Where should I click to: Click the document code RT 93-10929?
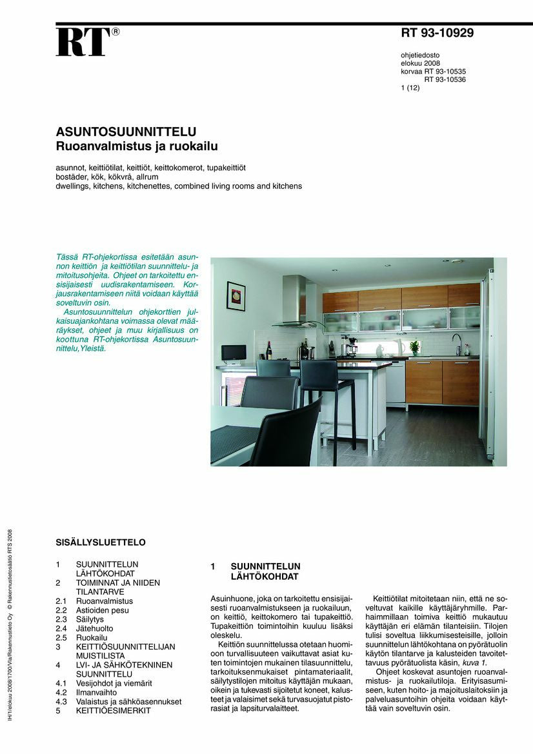coord(437,34)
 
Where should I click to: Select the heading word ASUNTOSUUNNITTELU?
coord(126,132)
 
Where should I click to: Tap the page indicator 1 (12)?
coord(410,88)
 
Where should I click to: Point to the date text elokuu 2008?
coord(421,63)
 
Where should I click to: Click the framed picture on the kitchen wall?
coord(236,296)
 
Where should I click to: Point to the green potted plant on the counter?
coord(414,347)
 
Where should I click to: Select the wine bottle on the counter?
coord(269,350)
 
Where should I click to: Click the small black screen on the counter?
coord(233,353)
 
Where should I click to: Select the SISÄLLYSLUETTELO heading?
coord(100,542)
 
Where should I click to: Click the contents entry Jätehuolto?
coord(95,628)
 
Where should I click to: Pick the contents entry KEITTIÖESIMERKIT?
coord(113,710)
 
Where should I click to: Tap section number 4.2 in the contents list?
coord(61,692)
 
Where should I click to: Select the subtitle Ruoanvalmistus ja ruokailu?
coord(137,146)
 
